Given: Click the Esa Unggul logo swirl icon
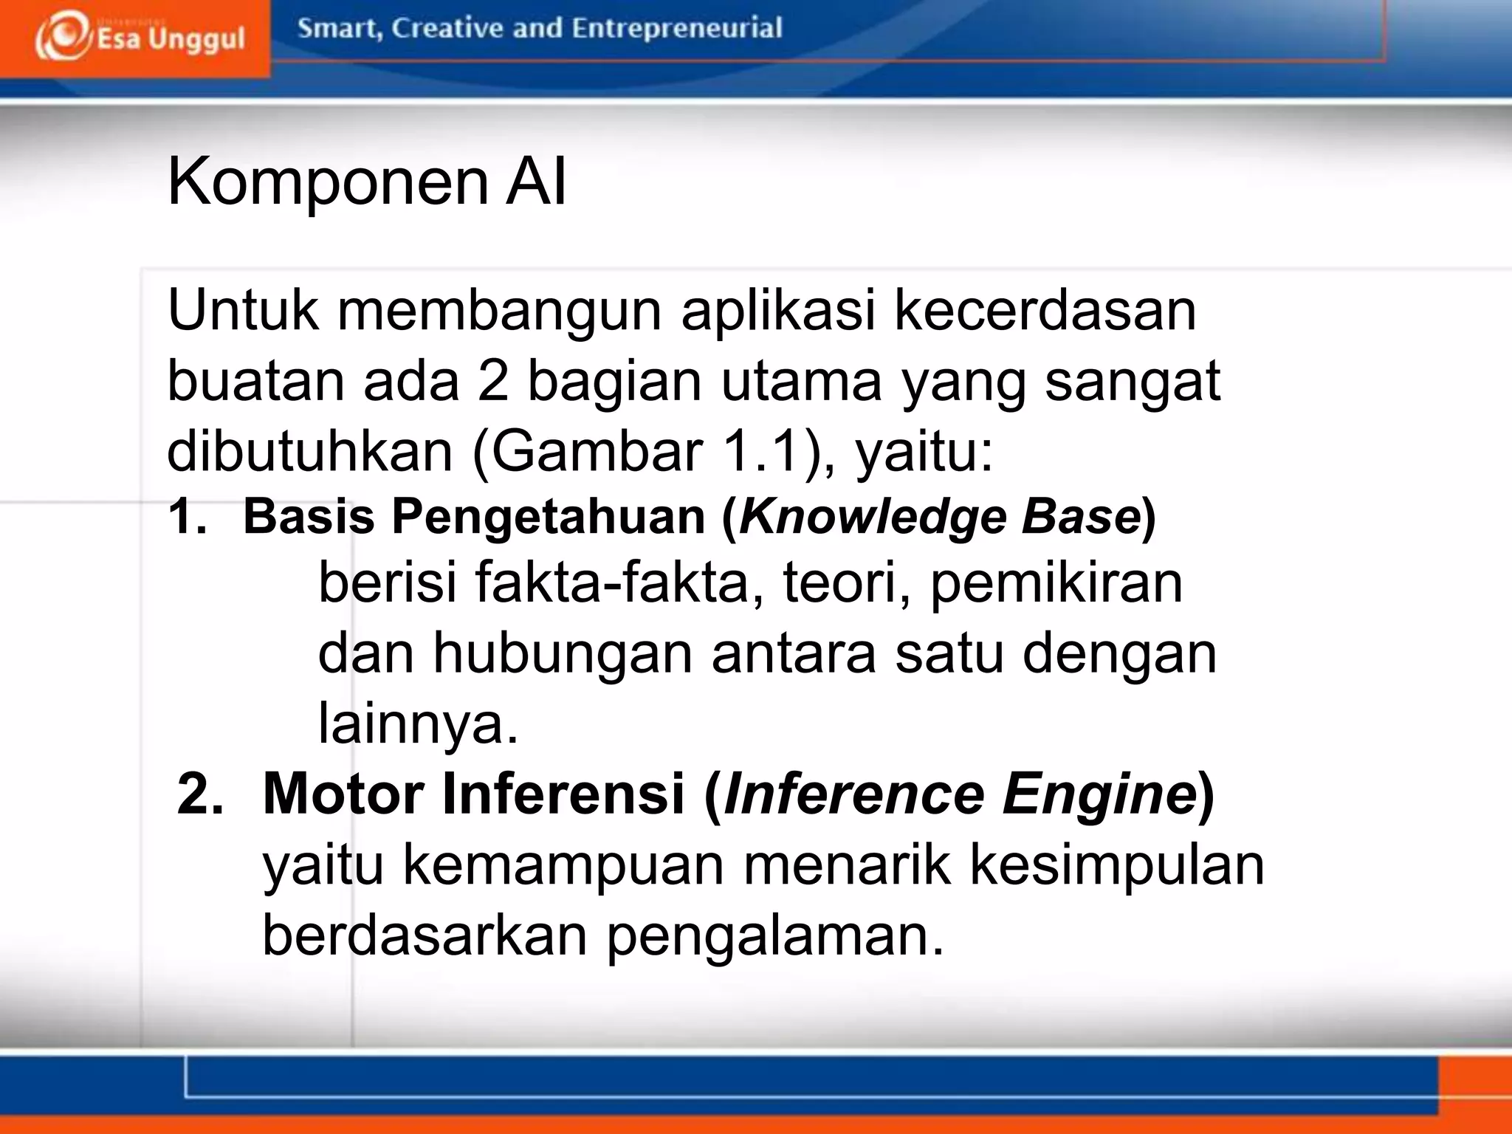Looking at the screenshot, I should coord(62,37).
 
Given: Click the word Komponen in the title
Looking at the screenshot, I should coord(328,182).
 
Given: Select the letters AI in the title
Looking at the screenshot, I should coord(536,182).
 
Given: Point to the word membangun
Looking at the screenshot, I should coord(499,310).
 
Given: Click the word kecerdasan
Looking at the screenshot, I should coord(1044,310).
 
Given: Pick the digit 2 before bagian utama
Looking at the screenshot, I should coord(492,381).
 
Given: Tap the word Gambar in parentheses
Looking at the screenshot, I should coord(597,451).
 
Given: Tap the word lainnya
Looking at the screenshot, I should coord(418,724).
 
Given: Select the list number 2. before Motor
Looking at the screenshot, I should coord(200,794).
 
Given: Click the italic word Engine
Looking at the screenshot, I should coord(1099,794).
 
